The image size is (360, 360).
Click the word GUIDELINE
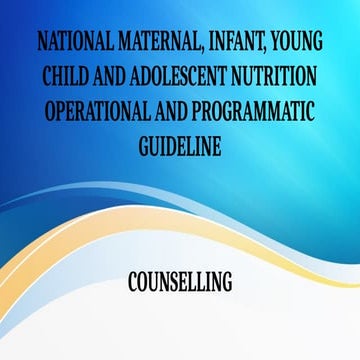[179, 144]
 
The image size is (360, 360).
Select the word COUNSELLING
[180, 283]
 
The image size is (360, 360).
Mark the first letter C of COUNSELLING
[133, 283]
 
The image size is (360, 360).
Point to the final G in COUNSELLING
[226, 283]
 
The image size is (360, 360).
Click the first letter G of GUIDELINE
[141, 144]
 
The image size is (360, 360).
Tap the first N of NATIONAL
[40, 46]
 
